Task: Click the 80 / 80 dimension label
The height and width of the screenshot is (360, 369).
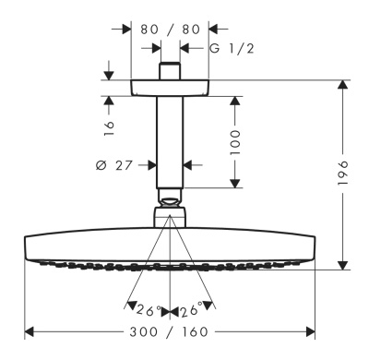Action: (170, 30)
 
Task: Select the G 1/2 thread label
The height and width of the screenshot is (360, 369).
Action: (232, 49)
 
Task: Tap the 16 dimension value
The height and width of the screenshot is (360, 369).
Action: (109, 128)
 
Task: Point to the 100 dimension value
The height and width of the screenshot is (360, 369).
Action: (235, 142)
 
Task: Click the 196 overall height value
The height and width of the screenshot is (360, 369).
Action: (342, 173)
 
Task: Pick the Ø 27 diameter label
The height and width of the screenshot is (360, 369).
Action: (114, 165)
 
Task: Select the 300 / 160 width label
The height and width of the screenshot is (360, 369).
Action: (169, 332)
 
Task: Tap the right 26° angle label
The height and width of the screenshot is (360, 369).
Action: (191, 310)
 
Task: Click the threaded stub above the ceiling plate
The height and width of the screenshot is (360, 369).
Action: (170, 71)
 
